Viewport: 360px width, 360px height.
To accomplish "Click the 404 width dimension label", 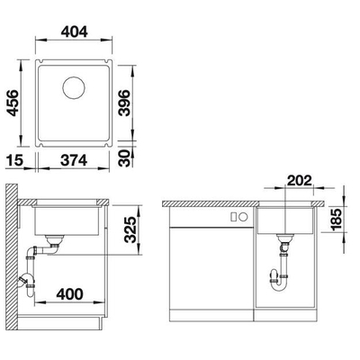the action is point(74,31).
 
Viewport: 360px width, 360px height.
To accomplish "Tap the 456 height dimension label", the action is point(13,103).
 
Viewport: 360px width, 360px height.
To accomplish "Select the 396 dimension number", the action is point(124,103).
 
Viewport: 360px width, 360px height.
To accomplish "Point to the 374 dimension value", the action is point(74,160).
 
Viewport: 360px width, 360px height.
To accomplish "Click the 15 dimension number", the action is point(14,160).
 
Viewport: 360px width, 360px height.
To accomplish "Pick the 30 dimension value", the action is point(124,158).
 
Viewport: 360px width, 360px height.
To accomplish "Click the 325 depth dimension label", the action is point(130,229).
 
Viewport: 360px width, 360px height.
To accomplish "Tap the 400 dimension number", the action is point(69,294).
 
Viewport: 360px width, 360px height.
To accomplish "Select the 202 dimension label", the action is point(300,181).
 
